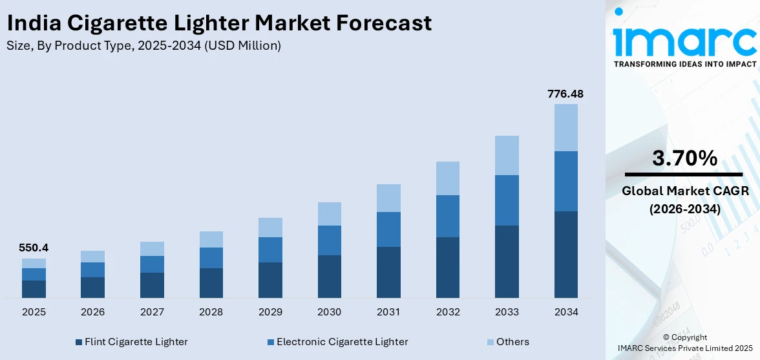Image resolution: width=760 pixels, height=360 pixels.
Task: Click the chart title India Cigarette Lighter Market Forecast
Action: pyautogui.click(x=219, y=23)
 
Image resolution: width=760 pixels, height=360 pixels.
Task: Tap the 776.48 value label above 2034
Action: pyautogui.click(x=565, y=94)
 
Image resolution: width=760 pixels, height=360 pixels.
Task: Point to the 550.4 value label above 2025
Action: pyautogui.click(x=34, y=248)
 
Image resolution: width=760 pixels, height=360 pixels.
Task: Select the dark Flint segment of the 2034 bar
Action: pyautogui.click(x=566, y=254)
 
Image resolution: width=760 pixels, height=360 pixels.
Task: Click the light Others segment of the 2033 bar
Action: pyautogui.click(x=507, y=155)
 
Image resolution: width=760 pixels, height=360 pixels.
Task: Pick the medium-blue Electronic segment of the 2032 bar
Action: pyautogui.click(x=448, y=216)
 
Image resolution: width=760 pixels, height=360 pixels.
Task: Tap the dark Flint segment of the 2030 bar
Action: pyautogui.click(x=329, y=276)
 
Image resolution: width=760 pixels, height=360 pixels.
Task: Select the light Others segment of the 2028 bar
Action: pyautogui.click(x=211, y=239)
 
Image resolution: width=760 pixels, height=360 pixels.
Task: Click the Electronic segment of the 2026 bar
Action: pyautogui.click(x=92, y=270)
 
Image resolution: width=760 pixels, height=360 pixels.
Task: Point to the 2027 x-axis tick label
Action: pyautogui.click(x=152, y=312)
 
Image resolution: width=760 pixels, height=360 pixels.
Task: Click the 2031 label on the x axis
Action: pyautogui.click(x=388, y=312)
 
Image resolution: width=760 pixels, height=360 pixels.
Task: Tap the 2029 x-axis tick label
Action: pyautogui.click(x=270, y=312)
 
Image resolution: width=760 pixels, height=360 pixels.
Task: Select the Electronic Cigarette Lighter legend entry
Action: pyautogui.click(x=337, y=342)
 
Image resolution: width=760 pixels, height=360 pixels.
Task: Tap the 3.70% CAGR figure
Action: pyautogui.click(x=684, y=158)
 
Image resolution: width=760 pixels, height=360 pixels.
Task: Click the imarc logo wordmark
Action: pyautogui.click(x=684, y=40)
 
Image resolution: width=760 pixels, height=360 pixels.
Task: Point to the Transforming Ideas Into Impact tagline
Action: pyautogui.click(x=684, y=64)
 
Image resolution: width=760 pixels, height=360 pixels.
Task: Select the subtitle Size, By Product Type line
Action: pyautogui.click(x=143, y=45)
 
